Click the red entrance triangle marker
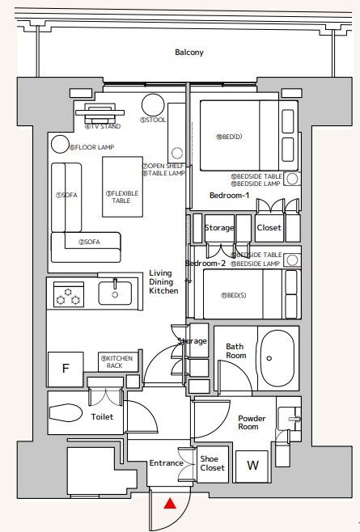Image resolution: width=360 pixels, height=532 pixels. (x=170, y=503)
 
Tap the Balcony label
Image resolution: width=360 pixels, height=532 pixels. (x=189, y=53)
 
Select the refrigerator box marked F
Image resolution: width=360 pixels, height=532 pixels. (x=66, y=369)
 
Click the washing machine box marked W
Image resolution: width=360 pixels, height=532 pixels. (x=252, y=467)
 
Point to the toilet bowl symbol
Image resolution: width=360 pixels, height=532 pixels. (x=66, y=412)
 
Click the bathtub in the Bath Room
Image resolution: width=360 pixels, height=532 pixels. (x=277, y=358)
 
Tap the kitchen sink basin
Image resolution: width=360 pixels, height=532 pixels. (x=115, y=293)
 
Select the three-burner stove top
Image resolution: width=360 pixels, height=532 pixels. (x=69, y=294)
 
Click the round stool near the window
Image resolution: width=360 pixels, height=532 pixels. (x=153, y=105)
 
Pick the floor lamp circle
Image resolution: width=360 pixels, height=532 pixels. (x=60, y=144)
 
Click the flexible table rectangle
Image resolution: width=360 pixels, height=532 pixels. (x=123, y=187)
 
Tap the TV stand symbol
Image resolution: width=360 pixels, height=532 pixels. (x=100, y=114)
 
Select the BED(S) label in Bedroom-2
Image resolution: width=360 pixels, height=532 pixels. (x=234, y=295)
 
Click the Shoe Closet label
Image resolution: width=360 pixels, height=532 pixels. (x=212, y=463)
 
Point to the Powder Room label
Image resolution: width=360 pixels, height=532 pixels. (x=252, y=422)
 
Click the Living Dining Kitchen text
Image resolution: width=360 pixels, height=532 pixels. (x=163, y=281)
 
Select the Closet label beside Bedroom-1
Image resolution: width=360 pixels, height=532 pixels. (x=269, y=228)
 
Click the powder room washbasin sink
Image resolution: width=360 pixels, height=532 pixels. (x=289, y=419)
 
